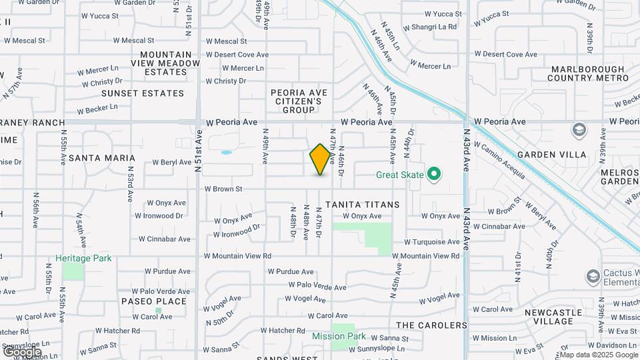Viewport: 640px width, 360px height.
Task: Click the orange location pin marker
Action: (x=321, y=159)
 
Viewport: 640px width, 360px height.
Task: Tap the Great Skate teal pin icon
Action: (x=435, y=175)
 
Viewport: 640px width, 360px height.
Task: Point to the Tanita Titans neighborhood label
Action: (x=363, y=205)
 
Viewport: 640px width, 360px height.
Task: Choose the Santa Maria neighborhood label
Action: (x=102, y=158)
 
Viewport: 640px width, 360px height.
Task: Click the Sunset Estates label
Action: (x=142, y=93)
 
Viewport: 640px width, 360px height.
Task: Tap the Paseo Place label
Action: (x=154, y=301)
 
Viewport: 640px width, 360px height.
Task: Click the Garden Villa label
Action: (x=561, y=155)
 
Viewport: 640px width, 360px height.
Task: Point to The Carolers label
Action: (x=431, y=325)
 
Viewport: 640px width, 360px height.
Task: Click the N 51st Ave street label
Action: (x=198, y=149)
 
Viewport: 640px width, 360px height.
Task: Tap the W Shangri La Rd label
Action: (x=433, y=27)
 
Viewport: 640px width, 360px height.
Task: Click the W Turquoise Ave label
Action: (x=432, y=242)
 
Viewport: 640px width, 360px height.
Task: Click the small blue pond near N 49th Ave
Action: (x=226, y=152)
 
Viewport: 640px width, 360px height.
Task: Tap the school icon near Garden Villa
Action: (x=579, y=129)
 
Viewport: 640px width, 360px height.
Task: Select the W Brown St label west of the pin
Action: (x=223, y=189)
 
